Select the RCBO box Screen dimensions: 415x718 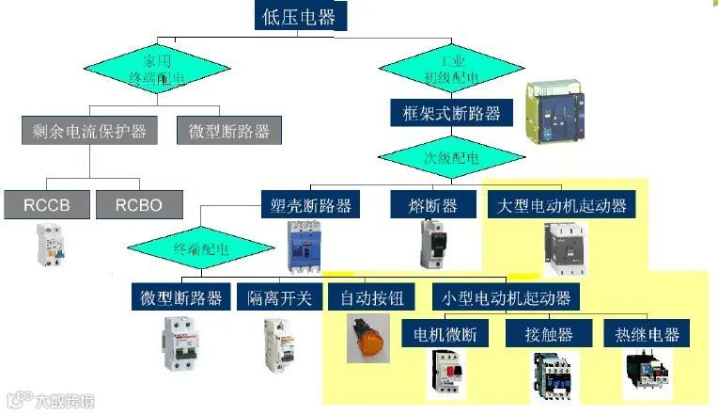point(139,204)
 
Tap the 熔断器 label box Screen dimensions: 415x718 point(436,205)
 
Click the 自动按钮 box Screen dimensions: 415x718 point(371,298)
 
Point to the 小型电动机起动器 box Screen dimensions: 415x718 point(506,298)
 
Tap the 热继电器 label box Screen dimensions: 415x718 point(646,334)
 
